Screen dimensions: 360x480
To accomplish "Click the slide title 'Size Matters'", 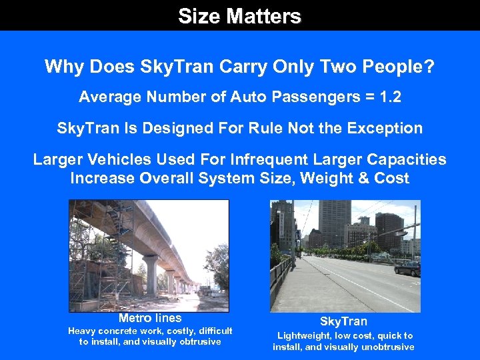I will pyautogui.click(x=239, y=16).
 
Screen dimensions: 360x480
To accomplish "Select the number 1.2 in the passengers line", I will pyautogui.click(x=389, y=97).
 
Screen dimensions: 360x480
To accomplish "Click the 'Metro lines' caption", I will pyautogui.click(x=149, y=318).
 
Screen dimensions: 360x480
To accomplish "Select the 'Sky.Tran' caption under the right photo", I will pyautogui.click(x=343, y=321).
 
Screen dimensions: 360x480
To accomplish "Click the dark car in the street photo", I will pyautogui.click(x=407, y=268).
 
